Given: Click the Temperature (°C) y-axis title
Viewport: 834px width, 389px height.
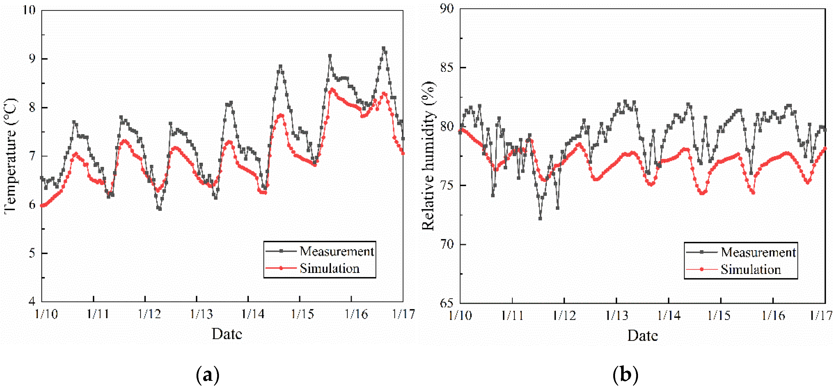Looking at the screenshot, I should pyautogui.click(x=10, y=156).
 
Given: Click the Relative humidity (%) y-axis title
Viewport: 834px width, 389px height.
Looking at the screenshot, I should pyautogui.click(x=429, y=156).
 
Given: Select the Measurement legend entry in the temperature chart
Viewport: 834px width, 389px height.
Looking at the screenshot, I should pyautogui.click(x=336, y=251).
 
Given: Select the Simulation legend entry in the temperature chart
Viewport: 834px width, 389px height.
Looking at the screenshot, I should pyautogui.click(x=329, y=268).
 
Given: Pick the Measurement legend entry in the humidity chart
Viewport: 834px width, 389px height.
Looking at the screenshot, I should pyautogui.click(x=758, y=252).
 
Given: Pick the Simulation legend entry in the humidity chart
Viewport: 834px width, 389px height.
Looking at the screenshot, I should pyautogui.click(x=751, y=270).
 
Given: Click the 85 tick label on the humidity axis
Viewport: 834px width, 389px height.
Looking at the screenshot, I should pyautogui.click(x=447, y=68).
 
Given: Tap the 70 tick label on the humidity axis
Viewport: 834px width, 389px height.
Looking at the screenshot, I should pyautogui.click(x=447, y=244).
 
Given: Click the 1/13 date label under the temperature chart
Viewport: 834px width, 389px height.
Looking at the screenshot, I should pyautogui.click(x=201, y=314).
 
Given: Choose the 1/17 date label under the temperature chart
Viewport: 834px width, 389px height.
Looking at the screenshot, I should pyautogui.click(x=403, y=314).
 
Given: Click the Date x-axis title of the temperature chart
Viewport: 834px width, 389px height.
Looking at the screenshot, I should pyautogui.click(x=227, y=334).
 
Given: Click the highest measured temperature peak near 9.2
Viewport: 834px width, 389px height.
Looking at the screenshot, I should pyautogui.click(x=384, y=48).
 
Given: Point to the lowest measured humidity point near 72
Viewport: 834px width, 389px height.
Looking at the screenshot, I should pyautogui.click(x=540, y=219).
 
